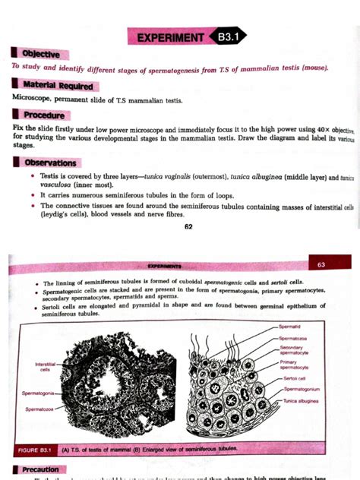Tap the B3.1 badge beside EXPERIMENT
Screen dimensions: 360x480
pos(229,36)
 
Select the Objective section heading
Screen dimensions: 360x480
pos(43,54)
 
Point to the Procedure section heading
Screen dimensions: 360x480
pos(44,115)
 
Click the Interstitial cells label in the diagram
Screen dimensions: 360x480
pos(46,367)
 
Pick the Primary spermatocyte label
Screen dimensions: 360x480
pos(294,365)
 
